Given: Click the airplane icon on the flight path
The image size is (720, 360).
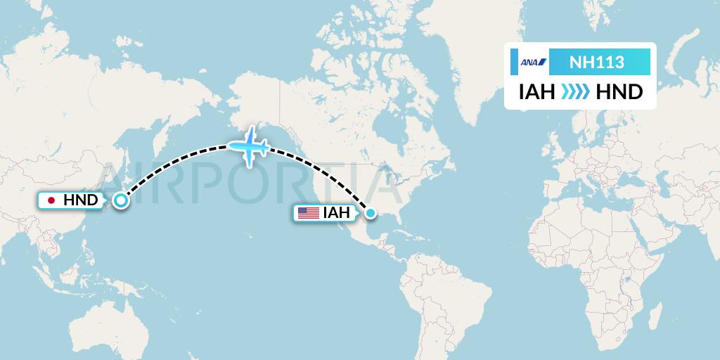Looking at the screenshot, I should [x=248, y=146].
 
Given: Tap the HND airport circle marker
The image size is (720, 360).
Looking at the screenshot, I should [x=121, y=201].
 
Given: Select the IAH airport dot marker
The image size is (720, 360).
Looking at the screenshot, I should [x=370, y=212].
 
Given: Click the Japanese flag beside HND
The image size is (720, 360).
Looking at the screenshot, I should [x=51, y=201].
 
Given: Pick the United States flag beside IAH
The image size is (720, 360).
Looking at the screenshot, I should [x=308, y=212].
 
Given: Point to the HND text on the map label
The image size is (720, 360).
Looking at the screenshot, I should [x=80, y=201].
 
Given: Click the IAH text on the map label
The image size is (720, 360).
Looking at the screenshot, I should [x=336, y=212].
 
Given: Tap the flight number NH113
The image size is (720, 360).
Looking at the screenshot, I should [x=596, y=63].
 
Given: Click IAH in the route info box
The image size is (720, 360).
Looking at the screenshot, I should [x=538, y=92].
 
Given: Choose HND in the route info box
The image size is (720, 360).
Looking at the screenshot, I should [x=619, y=92].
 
